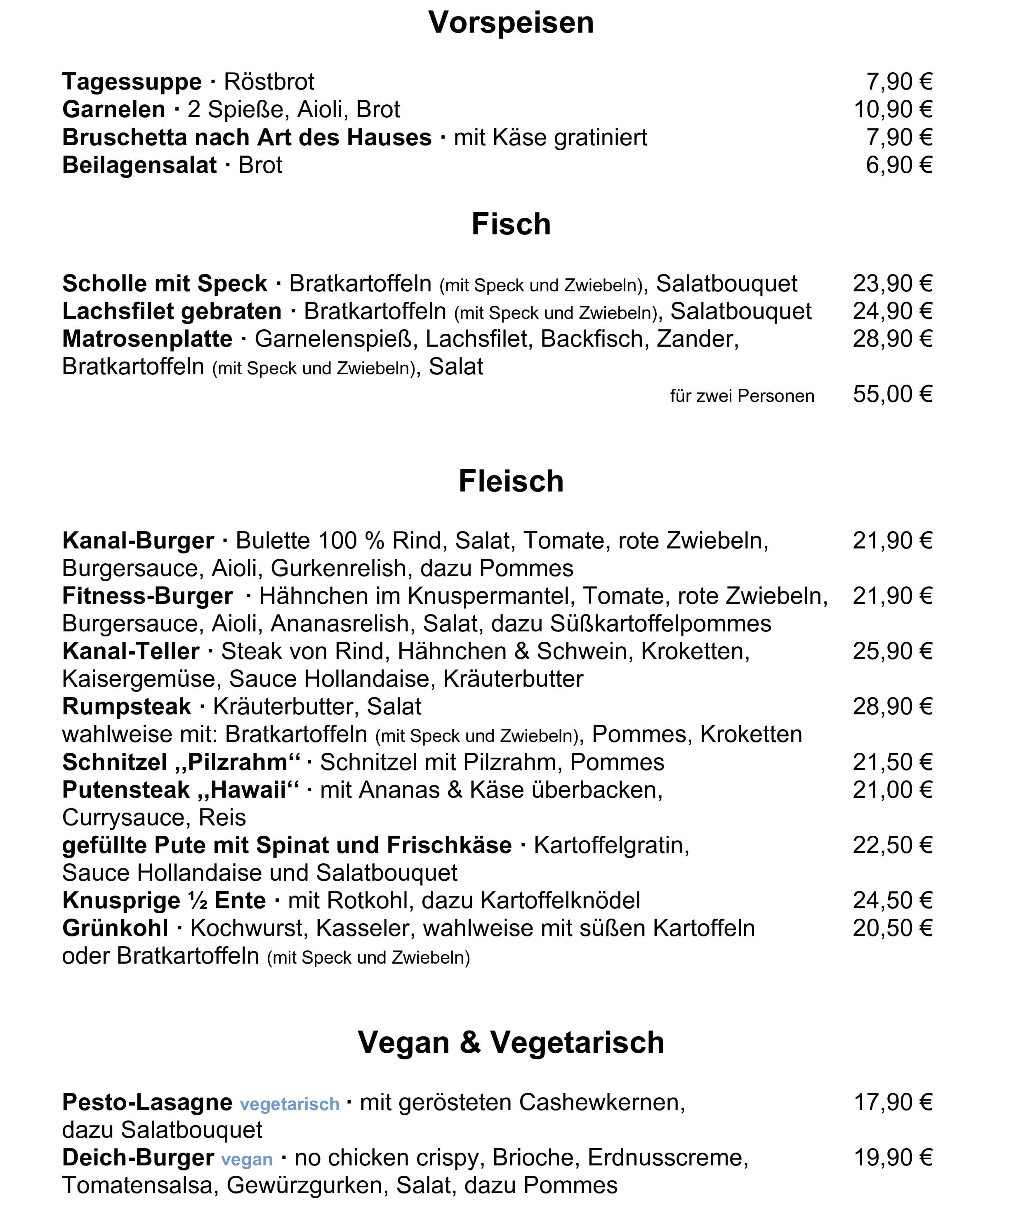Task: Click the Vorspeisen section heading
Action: point(511,23)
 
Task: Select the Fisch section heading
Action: point(511,225)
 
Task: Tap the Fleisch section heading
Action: point(511,482)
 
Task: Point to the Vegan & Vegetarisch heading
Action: point(511,1042)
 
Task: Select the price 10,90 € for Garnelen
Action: point(893,110)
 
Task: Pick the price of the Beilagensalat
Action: point(899,165)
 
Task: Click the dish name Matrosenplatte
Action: point(147,339)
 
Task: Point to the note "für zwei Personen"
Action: point(742,396)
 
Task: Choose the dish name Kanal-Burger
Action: point(138,541)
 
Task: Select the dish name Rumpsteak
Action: point(126,707)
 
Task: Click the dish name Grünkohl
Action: point(115,928)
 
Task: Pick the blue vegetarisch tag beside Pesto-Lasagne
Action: point(290,1104)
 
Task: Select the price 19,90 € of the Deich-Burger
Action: point(893,1158)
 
